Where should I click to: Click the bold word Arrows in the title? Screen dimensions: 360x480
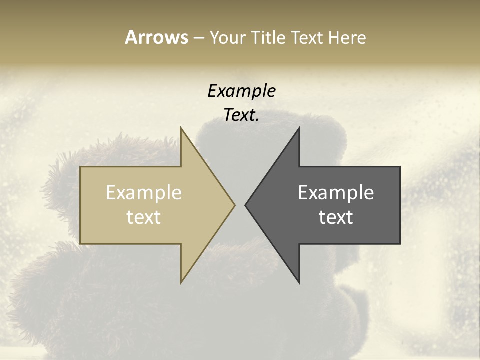[x=156, y=37]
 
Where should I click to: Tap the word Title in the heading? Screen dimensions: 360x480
[x=267, y=37]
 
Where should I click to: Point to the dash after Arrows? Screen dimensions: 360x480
[x=199, y=38]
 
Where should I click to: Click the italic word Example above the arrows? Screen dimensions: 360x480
[x=241, y=91]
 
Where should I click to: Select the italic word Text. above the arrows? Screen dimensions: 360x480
[x=241, y=115]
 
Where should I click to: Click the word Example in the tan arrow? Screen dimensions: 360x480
[x=144, y=193]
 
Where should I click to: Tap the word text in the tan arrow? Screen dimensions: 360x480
[x=144, y=217]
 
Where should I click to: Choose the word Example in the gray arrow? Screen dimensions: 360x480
[x=336, y=193]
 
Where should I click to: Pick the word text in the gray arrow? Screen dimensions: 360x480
[x=336, y=217]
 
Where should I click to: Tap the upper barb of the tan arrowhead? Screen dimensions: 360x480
[x=182, y=131]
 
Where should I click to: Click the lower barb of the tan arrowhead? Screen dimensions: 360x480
[x=182, y=280]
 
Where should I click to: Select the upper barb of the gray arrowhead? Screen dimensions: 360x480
[x=298, y=131]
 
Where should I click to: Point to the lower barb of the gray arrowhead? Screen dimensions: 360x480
[x=298, y=280]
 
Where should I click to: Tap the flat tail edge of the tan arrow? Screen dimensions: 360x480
[x=81, y=205]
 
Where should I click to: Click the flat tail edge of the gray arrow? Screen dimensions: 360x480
[x=399, y=205]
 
